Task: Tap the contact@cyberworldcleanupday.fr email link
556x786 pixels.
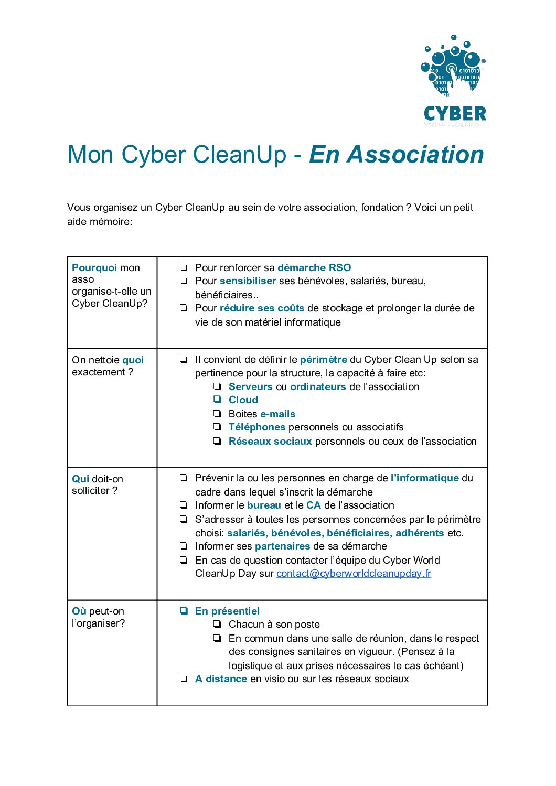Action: [x=354, y=574]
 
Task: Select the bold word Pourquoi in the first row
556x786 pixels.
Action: [x=94, y=268]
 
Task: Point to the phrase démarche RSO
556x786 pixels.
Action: [x=314, y=268]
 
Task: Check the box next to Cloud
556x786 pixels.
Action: [x=217, y=400]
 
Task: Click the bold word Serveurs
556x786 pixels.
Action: [x=250, y=387]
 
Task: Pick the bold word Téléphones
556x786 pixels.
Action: [x=257, y=427]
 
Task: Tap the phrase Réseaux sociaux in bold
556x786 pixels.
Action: [x=270, y=442]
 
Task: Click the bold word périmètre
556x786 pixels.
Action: [x=324, y=360]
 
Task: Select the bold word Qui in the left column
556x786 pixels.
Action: [x=80, y=479]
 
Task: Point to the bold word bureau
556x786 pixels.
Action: [x=264, y=505]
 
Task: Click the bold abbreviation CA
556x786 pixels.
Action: [x=314, y=505]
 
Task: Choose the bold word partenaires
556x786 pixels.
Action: [x=283, y=546]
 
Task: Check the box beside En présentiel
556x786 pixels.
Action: [x=184, y=611]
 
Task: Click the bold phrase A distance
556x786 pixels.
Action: [x=221, y=679]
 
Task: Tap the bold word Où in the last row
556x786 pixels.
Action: [x=79, y=611]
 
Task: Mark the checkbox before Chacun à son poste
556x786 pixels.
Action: [x=217, y=625]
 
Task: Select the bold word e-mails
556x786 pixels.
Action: [x=278, y=414]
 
